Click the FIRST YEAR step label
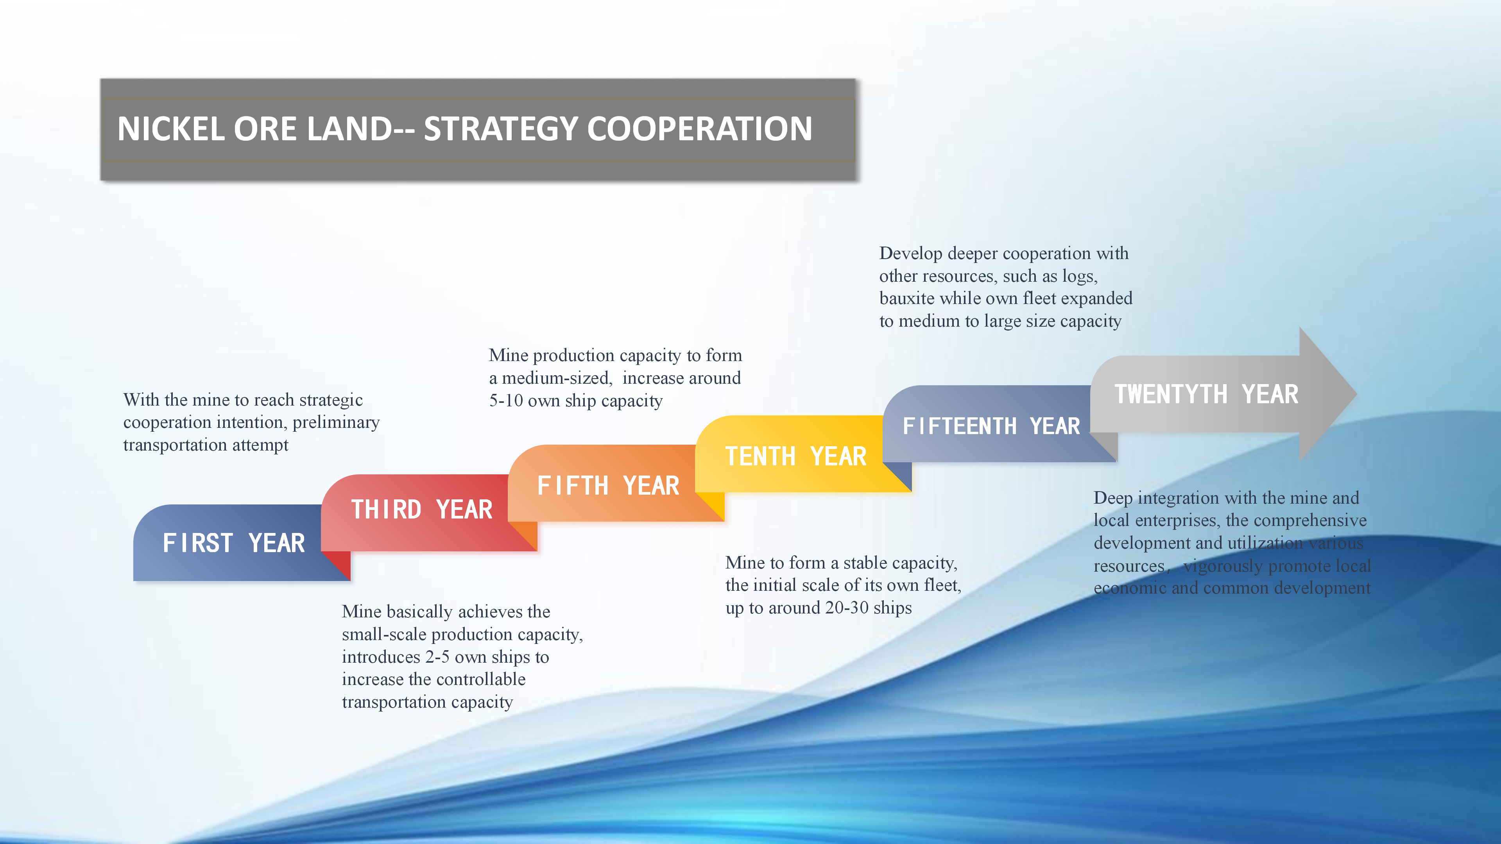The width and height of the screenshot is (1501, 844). click(x=234, y=543)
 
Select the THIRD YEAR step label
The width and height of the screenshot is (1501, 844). click(x=422, y=510)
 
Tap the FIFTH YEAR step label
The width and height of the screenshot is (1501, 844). click(x=608, y=485)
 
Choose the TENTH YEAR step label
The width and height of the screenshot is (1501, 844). click(x=796, y=456)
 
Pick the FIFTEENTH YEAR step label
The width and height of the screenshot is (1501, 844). click(x=991, y=426)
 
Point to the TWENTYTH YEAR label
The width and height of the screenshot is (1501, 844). click(x=1207, y=394)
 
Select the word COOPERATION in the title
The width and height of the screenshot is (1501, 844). click(x=699, y=129)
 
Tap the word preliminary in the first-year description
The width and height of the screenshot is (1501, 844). click(x=336, y=423)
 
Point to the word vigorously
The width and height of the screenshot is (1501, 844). click(x=1222, y=566)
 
